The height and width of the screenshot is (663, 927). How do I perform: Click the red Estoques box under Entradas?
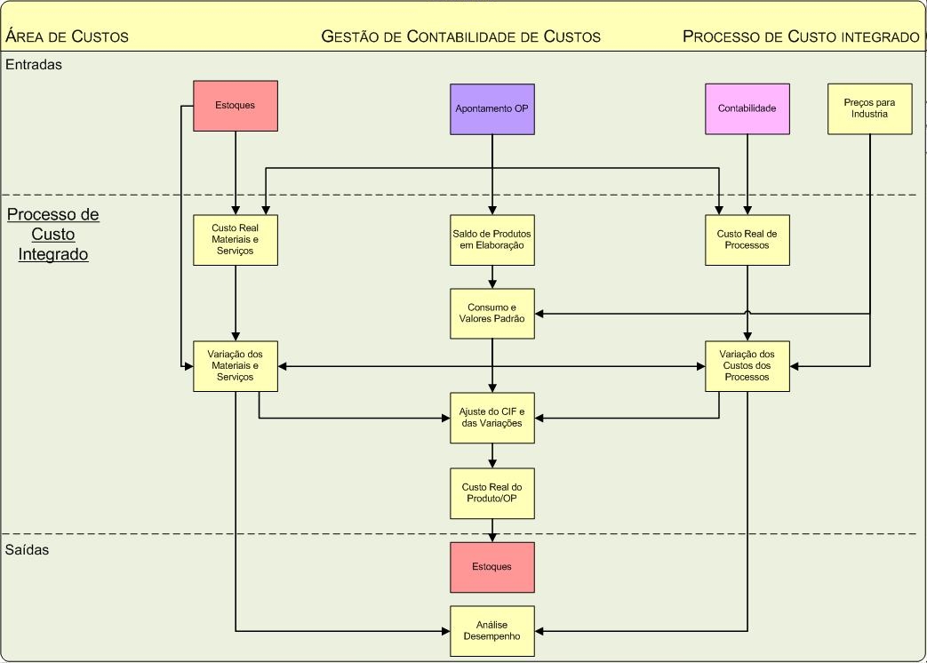(x=236, y=106)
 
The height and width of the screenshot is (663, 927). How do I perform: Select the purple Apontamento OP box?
(x=492, y=109)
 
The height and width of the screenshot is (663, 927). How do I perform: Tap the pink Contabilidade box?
(x=747, y=108)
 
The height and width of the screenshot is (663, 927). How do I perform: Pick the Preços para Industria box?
(x=870, y=108)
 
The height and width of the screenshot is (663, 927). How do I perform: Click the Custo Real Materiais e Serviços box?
(x=236, y=240)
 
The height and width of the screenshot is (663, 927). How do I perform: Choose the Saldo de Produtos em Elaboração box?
(x=492, y=240)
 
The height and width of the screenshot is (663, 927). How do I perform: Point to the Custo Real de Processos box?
(x=747, y=240)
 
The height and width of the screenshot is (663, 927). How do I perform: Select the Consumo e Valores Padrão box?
(x=492, y=314)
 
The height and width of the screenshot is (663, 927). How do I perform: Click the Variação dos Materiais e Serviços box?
(x=236, y=366)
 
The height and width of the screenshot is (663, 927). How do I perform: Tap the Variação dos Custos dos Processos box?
(x=747, y=366)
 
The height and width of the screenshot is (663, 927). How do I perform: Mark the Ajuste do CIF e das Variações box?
(x=492, y=418)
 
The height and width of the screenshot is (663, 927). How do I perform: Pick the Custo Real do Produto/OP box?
(x=492, y=493)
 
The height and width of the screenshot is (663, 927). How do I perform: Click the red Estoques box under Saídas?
(x=492, y=567)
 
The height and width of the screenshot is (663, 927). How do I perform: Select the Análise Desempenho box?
(x=492, y=631)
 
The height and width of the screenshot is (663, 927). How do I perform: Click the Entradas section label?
(x=34, y=64)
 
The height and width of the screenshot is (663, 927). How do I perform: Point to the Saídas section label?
(x=28, y=549)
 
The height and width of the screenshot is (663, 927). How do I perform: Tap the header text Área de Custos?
(x=68, y=36)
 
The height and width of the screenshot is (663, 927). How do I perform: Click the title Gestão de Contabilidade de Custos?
(x=460, y=36)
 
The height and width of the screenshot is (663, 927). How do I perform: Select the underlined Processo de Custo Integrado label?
(x=53, y=235)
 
